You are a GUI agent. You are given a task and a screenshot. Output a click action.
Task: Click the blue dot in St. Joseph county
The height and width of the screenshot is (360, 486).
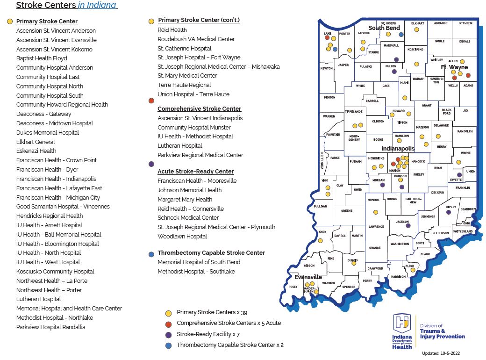[401, 34]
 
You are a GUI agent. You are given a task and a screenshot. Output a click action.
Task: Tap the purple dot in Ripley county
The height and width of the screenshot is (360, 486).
[449, 212]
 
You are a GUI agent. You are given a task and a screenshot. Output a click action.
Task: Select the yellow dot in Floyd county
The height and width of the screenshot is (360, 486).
[413, 270]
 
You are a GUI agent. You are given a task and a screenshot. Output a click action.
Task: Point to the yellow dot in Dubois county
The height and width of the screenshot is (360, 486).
[354, 263]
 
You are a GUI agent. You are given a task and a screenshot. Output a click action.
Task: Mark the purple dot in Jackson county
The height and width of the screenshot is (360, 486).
[408, 225]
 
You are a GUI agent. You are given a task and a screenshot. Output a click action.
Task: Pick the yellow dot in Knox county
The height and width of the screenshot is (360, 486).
[321, 241]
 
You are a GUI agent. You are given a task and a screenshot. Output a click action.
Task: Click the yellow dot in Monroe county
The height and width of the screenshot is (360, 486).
[375, 212]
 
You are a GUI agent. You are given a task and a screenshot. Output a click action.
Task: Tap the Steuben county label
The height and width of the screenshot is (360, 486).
[465, 23]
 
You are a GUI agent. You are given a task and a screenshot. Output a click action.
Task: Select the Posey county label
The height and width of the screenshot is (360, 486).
[293, 287]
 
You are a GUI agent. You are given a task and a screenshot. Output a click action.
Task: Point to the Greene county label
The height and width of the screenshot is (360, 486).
[347, 211]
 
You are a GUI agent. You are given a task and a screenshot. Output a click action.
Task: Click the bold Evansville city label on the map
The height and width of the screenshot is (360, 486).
[308, 277]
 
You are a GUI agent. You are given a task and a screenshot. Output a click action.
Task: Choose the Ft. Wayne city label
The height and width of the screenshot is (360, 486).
[454, 67]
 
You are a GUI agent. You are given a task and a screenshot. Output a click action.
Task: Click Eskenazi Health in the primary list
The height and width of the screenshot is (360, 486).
[36, 151]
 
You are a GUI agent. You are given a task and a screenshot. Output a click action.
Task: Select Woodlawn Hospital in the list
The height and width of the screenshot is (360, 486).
[182, 237]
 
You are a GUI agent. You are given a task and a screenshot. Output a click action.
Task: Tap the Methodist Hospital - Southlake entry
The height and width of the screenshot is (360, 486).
[196, 272]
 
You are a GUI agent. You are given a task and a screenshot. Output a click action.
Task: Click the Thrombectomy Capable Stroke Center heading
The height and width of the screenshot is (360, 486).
[211, 253]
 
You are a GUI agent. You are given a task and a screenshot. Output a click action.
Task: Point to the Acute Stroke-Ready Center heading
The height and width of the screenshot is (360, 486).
[195, 172]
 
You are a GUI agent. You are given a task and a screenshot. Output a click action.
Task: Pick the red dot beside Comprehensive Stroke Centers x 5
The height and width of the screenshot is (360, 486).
[168, 323]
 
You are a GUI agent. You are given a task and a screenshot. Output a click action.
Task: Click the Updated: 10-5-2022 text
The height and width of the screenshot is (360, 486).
[444, 353]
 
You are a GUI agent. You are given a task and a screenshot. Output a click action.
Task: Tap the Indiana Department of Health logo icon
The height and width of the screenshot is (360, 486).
[402, 322]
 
